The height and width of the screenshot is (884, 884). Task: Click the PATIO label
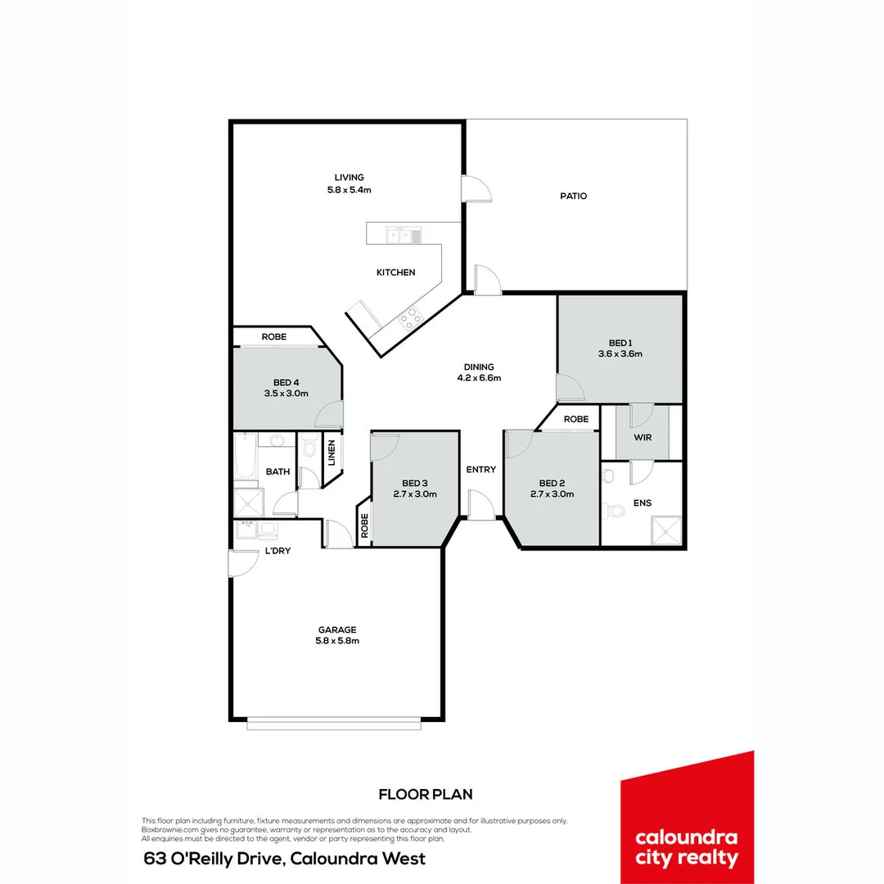point(573,196)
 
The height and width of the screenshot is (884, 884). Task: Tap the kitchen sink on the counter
point(404,236)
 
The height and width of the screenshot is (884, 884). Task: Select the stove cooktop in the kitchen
point(409,318)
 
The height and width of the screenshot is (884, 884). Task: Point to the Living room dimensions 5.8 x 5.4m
point(349,190)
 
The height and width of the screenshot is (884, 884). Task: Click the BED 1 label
point(620,343)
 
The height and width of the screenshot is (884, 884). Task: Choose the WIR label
point(643,438)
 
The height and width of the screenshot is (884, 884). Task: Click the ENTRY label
point(480,470)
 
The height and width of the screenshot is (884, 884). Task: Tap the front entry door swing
point(480,504)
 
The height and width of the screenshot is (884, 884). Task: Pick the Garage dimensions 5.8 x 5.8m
point(338,641)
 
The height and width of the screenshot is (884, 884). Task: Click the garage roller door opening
point(336,723)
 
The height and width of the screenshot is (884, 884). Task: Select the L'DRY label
point(277,552)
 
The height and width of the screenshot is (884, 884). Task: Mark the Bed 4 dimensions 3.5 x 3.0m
point(286,394)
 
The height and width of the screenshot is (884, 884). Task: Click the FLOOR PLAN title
point(426,794)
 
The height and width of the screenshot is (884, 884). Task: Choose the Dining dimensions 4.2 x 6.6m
point(479,378)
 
